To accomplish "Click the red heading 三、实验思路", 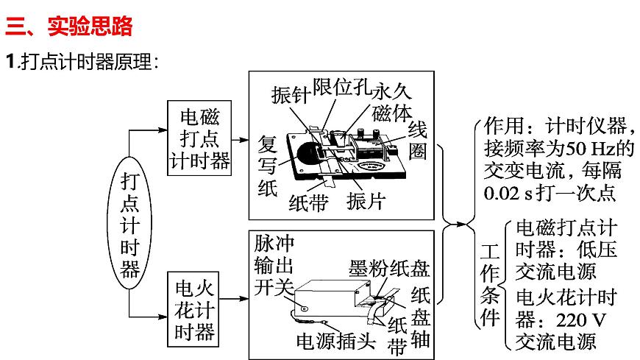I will click(x=69, y=27).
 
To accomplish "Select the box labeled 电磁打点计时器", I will click(x=199, y=138).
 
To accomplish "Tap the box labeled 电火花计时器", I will click(x=196, y=310).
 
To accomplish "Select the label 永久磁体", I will click(x=392, y=102).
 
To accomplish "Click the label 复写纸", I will click(x=267, y=166).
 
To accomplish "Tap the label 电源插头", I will click(x=335, y=341).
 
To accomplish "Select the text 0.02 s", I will click(x=503, y=194).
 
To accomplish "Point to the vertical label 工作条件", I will click(x=489, y=284).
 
